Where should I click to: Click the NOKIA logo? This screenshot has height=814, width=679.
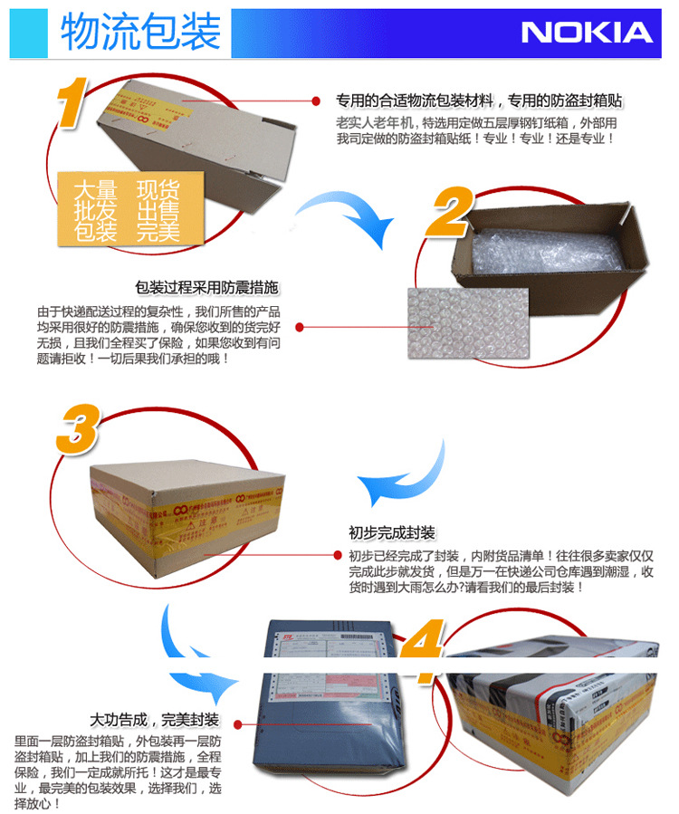coord(586,33)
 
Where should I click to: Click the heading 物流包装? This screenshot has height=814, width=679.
coord(140,32)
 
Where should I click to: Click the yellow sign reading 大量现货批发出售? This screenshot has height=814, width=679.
coord(127,209)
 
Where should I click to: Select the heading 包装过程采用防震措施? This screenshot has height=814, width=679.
coord(206,288)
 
